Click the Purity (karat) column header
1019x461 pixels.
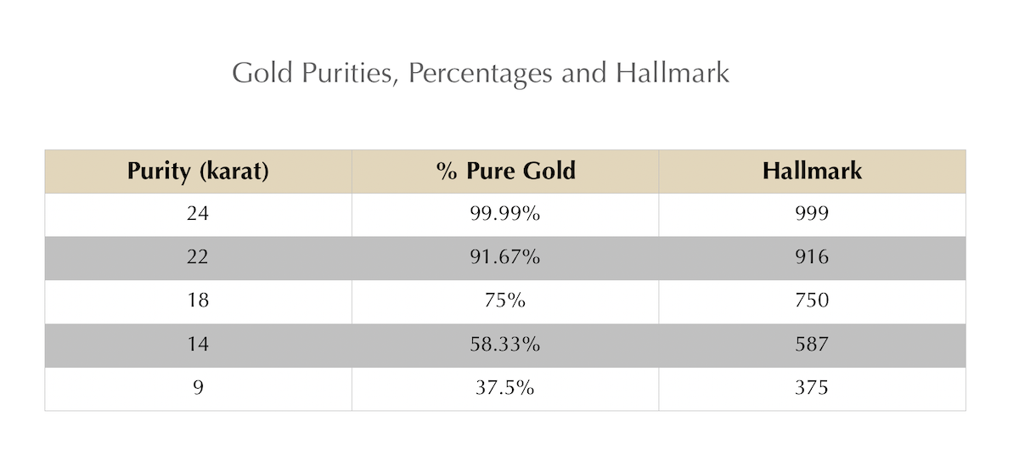tap(198, 171)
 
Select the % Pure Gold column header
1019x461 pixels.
tap(505, 171)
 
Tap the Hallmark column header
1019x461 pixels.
tap(812, 171)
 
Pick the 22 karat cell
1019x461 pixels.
tap(198, 257)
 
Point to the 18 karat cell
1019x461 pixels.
tap(198, 301)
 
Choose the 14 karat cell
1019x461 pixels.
tap(198, 345)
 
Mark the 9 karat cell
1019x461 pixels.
tap(198, 388)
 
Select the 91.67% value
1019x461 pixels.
tap(505, 257)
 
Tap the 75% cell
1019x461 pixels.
tap(505, 301)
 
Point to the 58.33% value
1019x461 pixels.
tap(505, 345)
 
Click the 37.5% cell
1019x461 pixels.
tap(505, 388)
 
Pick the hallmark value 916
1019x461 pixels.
tap(812, 257)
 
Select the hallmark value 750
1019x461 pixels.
tap(812, 301)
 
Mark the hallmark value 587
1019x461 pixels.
tap(812, 345)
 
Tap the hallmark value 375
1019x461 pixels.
tap(812, 388)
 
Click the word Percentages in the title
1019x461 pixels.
tap(480, 74)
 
